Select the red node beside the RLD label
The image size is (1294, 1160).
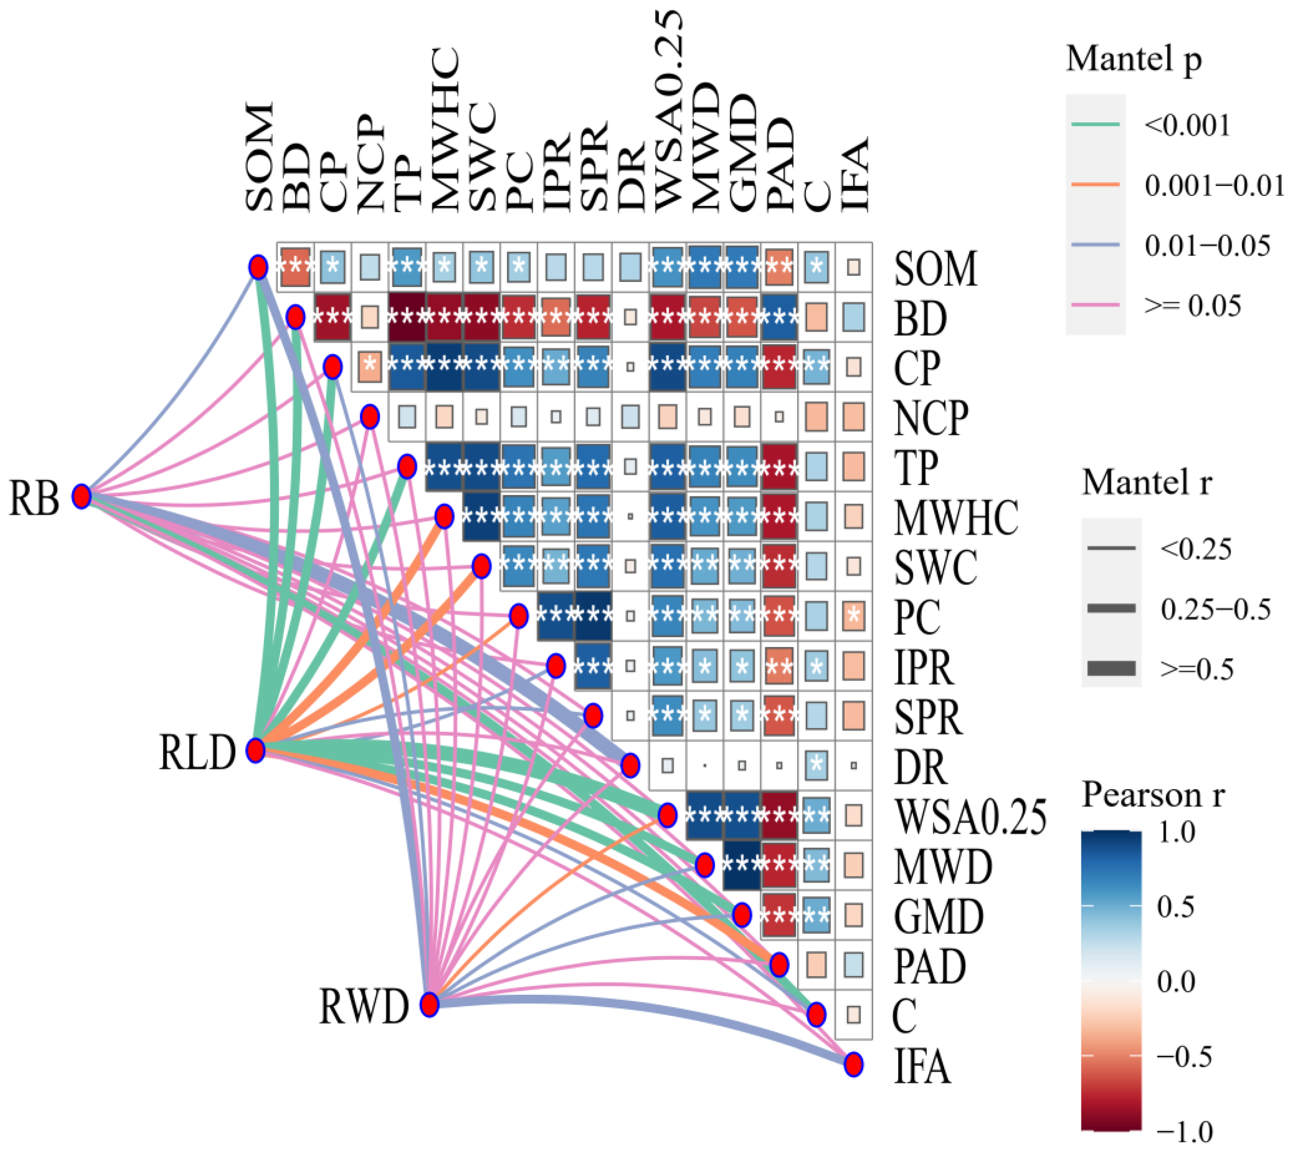[x=256, y=751]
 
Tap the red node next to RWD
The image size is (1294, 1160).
[x=430, y=1004]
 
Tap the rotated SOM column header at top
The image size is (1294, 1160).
[x=259, y=156]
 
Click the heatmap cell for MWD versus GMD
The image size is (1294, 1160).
[x=742, y=865]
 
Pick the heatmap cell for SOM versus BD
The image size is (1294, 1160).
[x=295, y=267]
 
